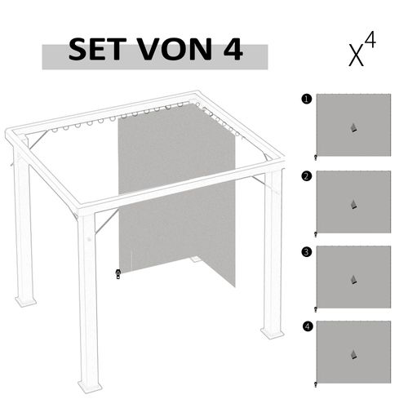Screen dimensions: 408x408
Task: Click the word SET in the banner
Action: pyautogui.click(x=96, y=51)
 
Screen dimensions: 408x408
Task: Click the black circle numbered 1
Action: pyautogui.click(x=306, y=99)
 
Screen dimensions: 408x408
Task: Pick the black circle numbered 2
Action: pyautogui.click(x=306, y=175)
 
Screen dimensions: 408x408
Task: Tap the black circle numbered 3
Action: pyautogui.click(x=306, y=252)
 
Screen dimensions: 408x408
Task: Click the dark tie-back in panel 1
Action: pyautogui.click(x=353, y=127)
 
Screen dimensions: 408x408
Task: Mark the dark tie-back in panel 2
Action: pyautogui.click(x=353, y=204)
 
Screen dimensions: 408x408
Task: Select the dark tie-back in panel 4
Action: pyautogui.click(x=353, y=354)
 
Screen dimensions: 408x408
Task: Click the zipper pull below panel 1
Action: pyautogui.click(x=316, y=157)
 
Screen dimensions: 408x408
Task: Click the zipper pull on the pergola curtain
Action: pyautogui.click(x=118, y=273)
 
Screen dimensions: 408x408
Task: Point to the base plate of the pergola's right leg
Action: pyautogui.click(x=272, y=333)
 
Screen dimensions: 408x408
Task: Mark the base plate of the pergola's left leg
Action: pyautogui.click(x=25, y=301)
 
